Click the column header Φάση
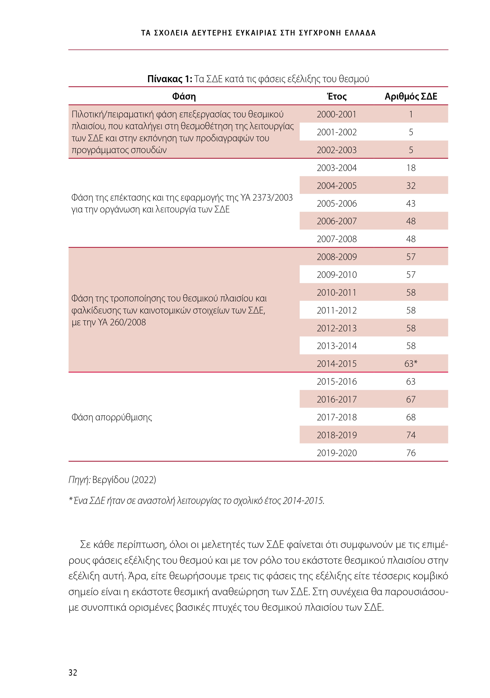[184, 96]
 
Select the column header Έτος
[336, 96]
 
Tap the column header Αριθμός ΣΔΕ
[411, 96]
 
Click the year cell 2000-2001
[336, 114]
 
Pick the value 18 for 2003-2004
[411, 168]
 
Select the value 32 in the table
[411, 186]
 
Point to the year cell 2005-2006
[336, 203]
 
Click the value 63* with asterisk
[411, 364]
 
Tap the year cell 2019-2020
[336, 453]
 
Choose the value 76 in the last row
[411, 453]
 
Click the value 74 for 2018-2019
[411, 435]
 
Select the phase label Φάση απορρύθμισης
[112, 417]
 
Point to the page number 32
[73, 672]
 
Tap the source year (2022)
[144, 479]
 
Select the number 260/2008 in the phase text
[128, 322]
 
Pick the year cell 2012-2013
[336, 328]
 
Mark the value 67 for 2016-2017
[411, 400]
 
